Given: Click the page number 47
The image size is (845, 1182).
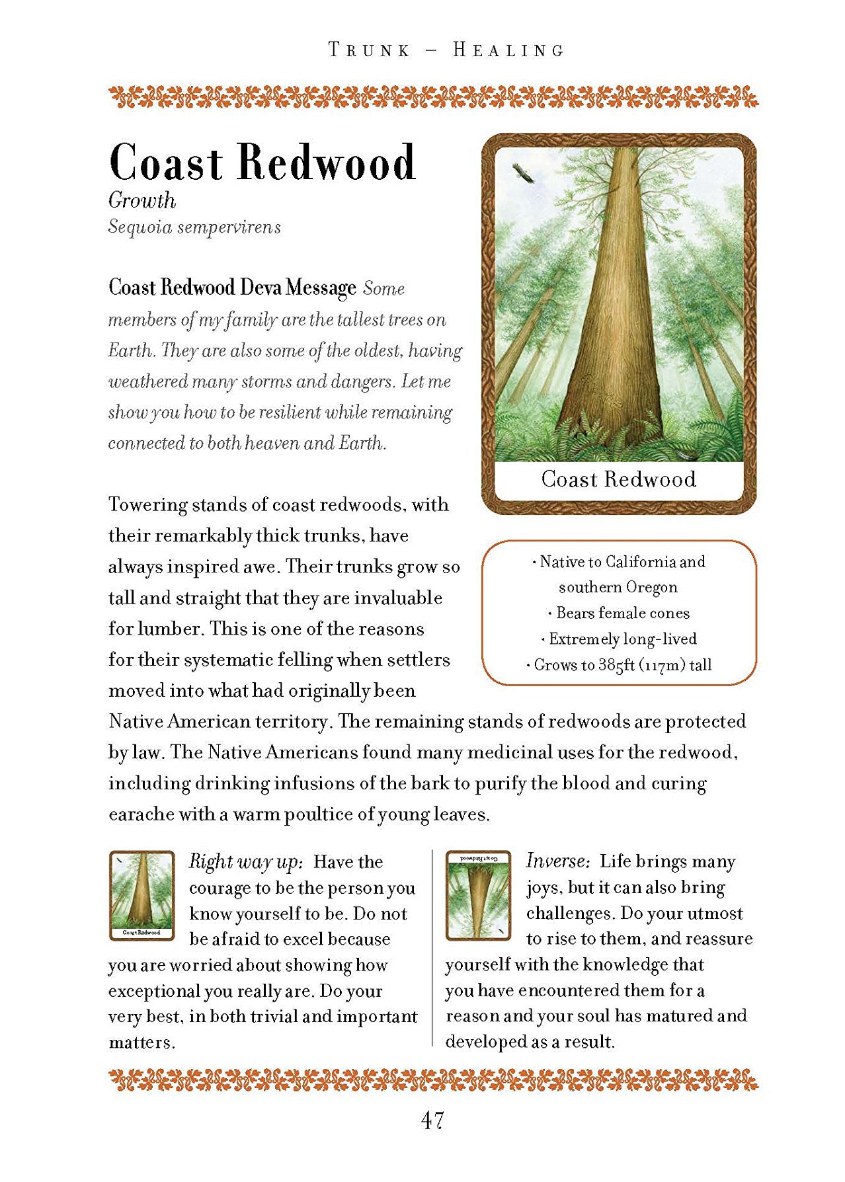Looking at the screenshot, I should pyautogui.click(x=432, y=1120).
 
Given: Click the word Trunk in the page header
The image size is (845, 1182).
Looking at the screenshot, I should pyautogui.click(x=370, y=50).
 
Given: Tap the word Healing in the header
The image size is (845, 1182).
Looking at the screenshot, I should pyautogui.click(x=508, y=50).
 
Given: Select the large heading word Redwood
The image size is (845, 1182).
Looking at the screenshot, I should pyautogui.click(x=326, y=163).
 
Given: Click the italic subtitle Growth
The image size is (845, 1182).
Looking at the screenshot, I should pyautogui.click(x=142, y=200).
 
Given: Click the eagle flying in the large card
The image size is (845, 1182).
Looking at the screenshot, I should pyautogui.click(x=523, y=175).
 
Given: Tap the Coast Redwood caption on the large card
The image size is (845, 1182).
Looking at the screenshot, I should pyautogui.click(x=618, y=479).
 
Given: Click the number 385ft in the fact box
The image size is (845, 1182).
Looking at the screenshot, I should pyautogui.click(x=616, y=665).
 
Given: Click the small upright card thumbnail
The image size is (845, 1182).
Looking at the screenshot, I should pyautogui.click(x=141, y=896).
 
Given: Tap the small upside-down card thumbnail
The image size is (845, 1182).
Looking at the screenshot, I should pyautogui.click(x=478, y=895).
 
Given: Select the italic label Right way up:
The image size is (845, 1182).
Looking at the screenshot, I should pyautogui.click(x=246, y=861).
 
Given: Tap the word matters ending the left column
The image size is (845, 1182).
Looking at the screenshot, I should pyautogui.click(x=141, y=1043).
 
